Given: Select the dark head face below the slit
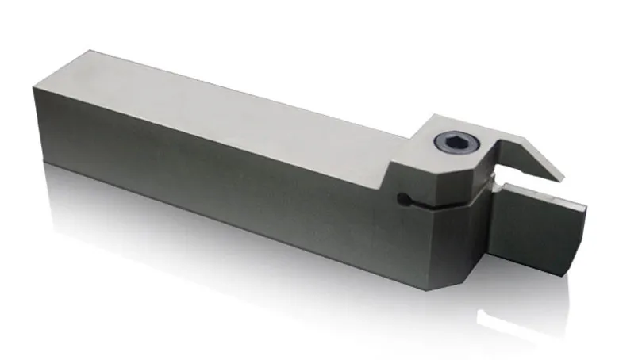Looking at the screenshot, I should pos(444,238).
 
